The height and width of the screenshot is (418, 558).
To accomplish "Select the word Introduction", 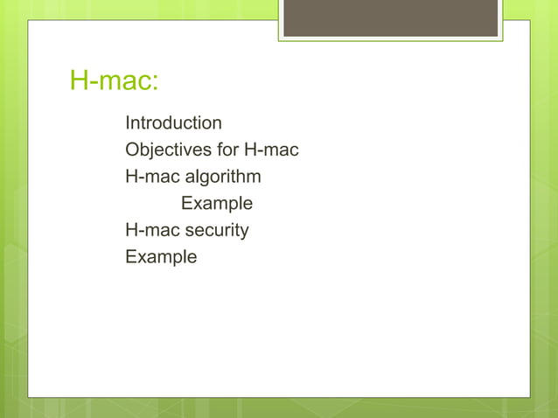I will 173,122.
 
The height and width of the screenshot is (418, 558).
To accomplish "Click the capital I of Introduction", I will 128,122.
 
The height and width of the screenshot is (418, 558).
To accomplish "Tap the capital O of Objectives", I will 132,150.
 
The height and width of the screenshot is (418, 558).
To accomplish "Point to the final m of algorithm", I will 255,178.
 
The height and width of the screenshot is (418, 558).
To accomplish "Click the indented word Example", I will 217,204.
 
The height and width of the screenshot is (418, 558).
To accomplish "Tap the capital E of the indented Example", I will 186,203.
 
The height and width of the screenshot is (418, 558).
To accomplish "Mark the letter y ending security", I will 244,233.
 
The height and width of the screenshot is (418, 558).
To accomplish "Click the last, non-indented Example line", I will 161,257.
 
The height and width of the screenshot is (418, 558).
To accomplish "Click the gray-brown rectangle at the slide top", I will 390,17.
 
